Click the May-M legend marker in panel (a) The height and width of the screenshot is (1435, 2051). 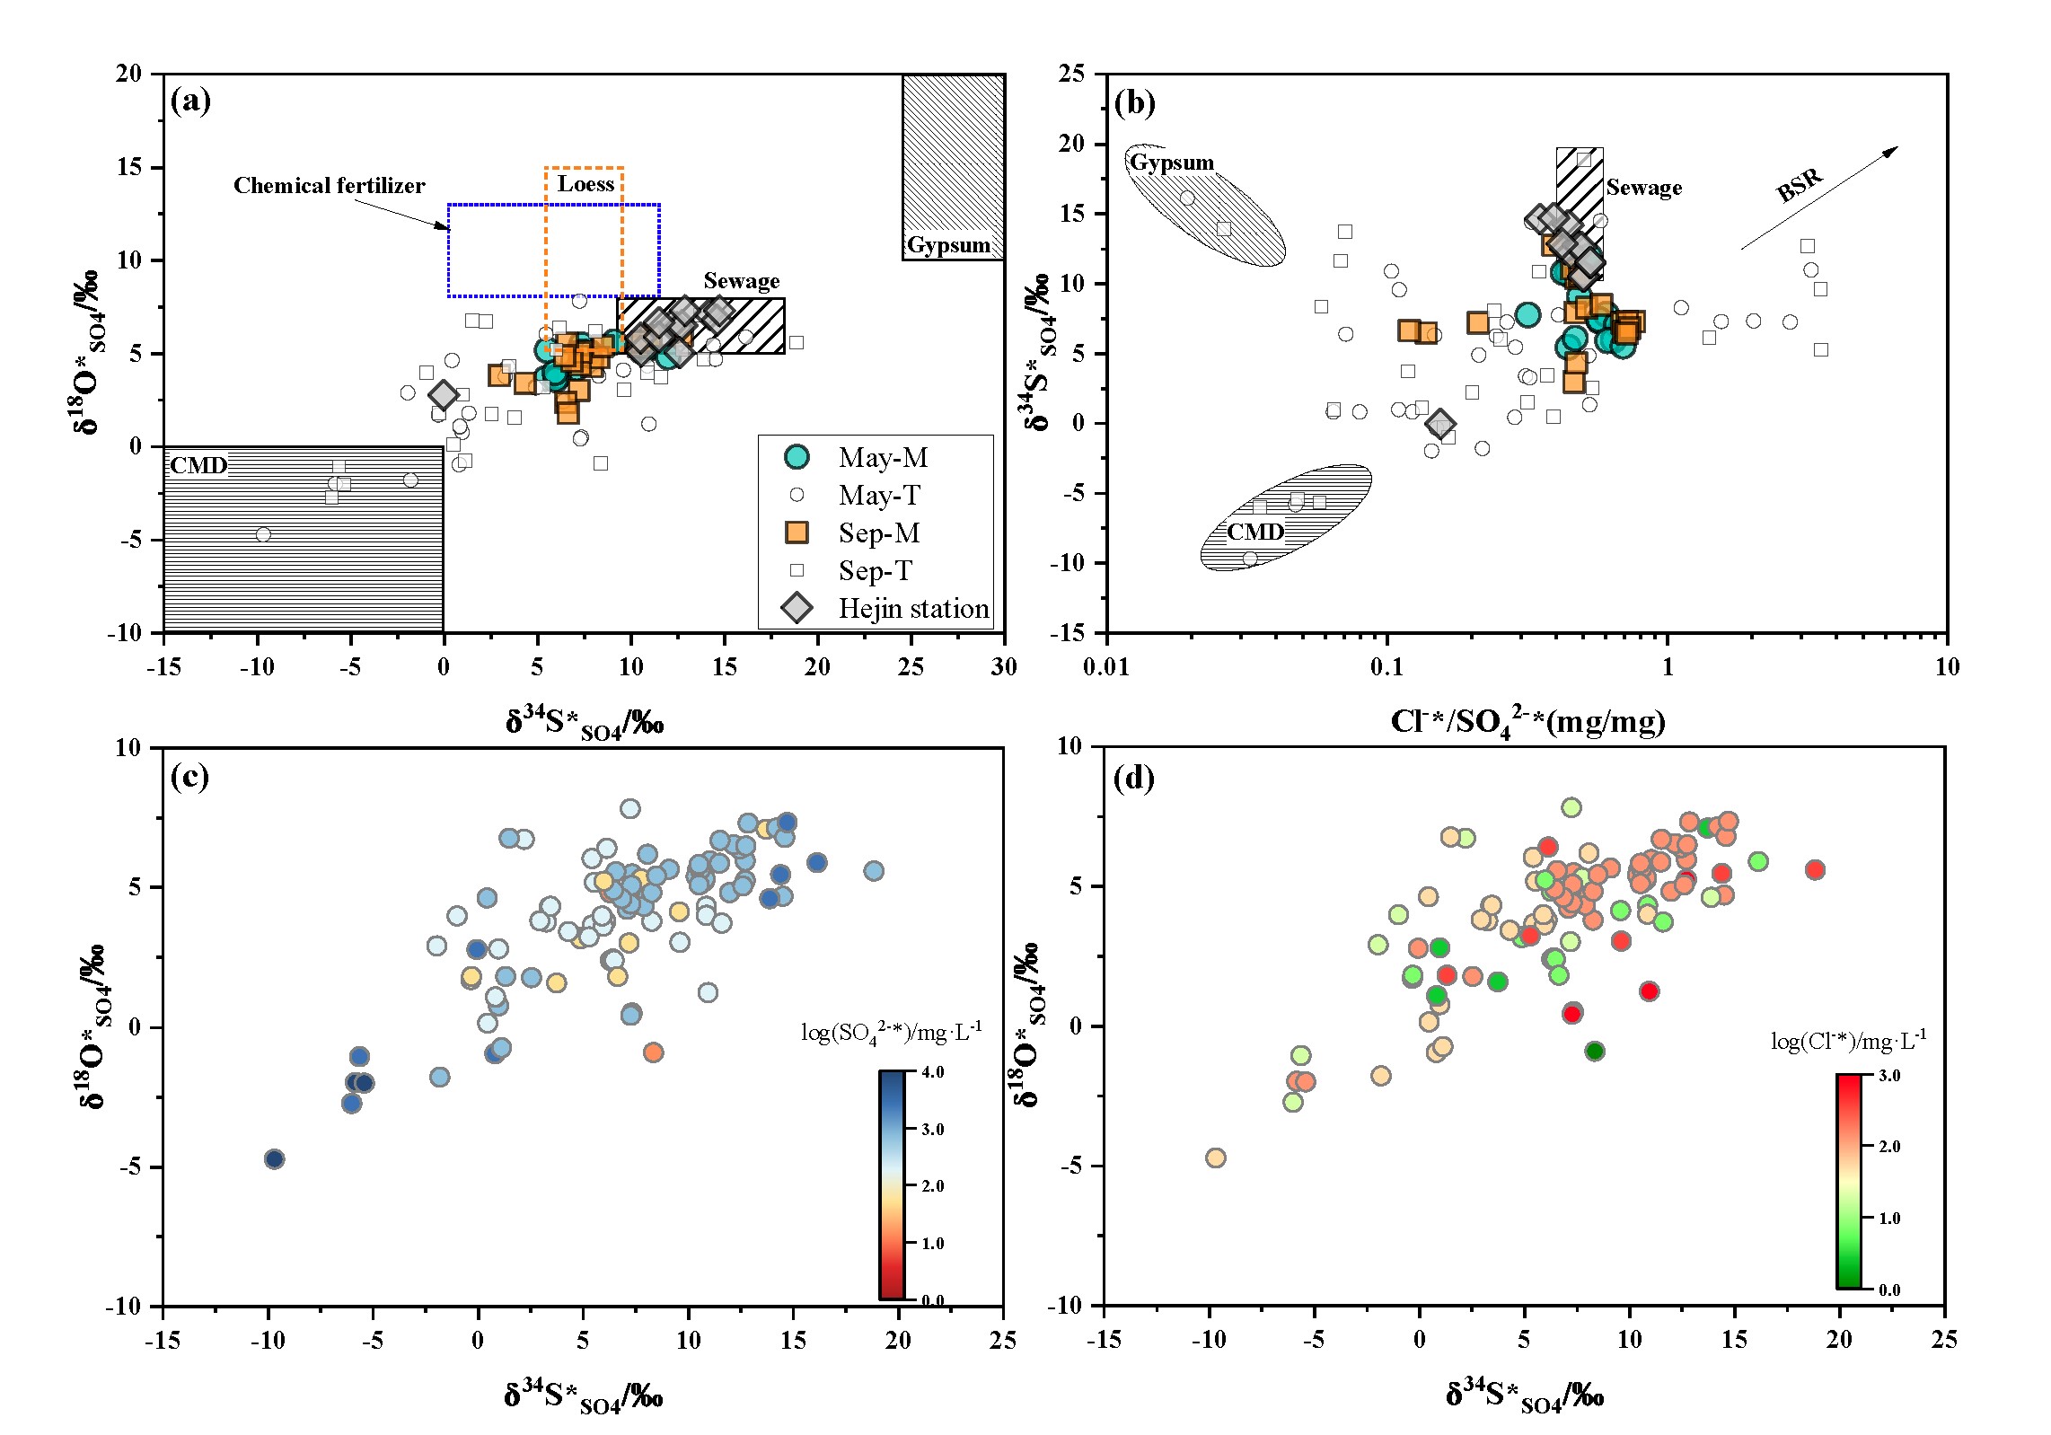click(797, 457)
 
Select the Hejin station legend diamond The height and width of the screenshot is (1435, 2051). click(797, 608)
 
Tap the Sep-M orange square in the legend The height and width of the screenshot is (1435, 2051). click(797, 533)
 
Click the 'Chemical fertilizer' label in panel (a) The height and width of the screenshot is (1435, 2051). click(329, 186)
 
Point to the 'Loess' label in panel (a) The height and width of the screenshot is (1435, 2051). click(585, 184)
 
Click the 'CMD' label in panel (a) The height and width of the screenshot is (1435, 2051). click(198, 465)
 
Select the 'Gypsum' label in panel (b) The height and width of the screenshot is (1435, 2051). click(1171, 163)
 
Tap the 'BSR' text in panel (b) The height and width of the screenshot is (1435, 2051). click(1800, 185)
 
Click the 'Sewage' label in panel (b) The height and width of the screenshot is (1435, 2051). click(1643, 188)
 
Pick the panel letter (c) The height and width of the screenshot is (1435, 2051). click(189, 777)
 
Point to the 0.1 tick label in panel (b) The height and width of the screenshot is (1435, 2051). click(1386, 667)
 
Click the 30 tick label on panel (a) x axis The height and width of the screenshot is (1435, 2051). click(1004, 667)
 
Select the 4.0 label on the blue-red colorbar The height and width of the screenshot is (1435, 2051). click(933, 1072)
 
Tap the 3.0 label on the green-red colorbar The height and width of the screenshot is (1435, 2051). click(1889, 1076)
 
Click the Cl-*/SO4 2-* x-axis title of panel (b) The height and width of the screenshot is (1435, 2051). click(1527, 721)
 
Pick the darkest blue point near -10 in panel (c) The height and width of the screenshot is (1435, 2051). click(275, 1159)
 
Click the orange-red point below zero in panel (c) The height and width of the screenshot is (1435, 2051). click(653, 1052)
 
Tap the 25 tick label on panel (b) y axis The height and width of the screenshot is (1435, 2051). click(1071, 74)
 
